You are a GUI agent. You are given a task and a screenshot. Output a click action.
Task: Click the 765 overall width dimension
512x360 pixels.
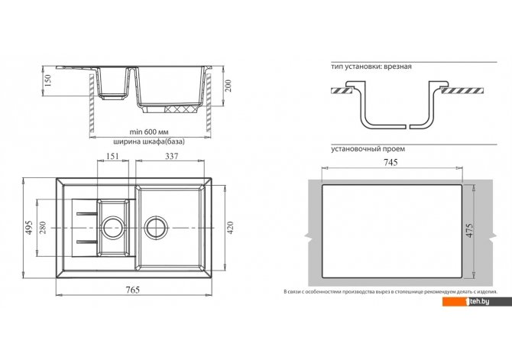pos(132,290)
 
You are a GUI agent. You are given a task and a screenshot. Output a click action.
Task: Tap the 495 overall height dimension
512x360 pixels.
pos(29,227)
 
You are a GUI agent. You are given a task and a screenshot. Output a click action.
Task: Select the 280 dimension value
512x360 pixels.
pos(43,227)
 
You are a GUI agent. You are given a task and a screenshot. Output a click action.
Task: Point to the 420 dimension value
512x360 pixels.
pos(231,228)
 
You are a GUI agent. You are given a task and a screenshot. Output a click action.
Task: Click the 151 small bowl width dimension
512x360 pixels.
pos(112,156)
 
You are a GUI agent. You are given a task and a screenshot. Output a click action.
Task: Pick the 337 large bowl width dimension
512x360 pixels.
pos(171,156)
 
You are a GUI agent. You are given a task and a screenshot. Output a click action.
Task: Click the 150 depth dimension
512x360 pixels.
pos(48,81)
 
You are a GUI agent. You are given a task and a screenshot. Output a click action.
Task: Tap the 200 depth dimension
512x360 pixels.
pos(228,86)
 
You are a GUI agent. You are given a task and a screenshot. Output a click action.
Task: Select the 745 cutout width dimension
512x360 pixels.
pos(390,162)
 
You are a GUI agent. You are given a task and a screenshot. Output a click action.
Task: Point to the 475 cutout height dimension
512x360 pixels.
pos(470,230)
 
